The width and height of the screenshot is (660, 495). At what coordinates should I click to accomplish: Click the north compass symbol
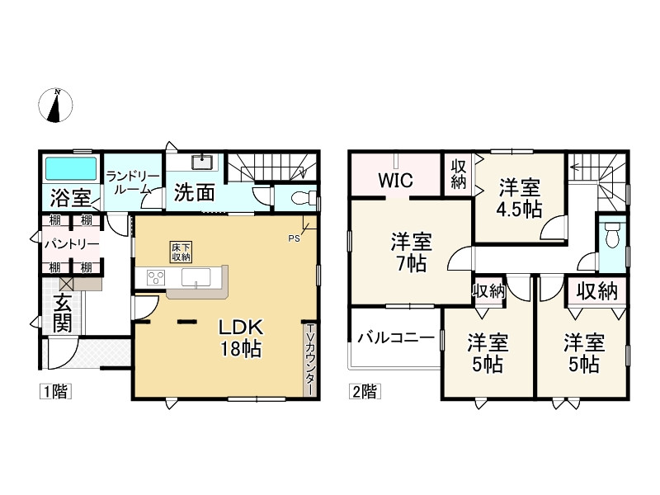[56, 106]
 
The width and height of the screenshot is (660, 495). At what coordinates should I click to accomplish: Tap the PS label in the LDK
[295, 239]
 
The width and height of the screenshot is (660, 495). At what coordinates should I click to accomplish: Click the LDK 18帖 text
[239, 337]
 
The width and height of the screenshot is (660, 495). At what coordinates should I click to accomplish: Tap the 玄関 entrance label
[63, 313]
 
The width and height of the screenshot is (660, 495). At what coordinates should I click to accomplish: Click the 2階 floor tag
[365, 392]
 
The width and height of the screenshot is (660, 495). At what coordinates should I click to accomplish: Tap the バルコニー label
[395, 338]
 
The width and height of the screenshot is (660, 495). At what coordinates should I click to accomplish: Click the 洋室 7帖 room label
[409, 252]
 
